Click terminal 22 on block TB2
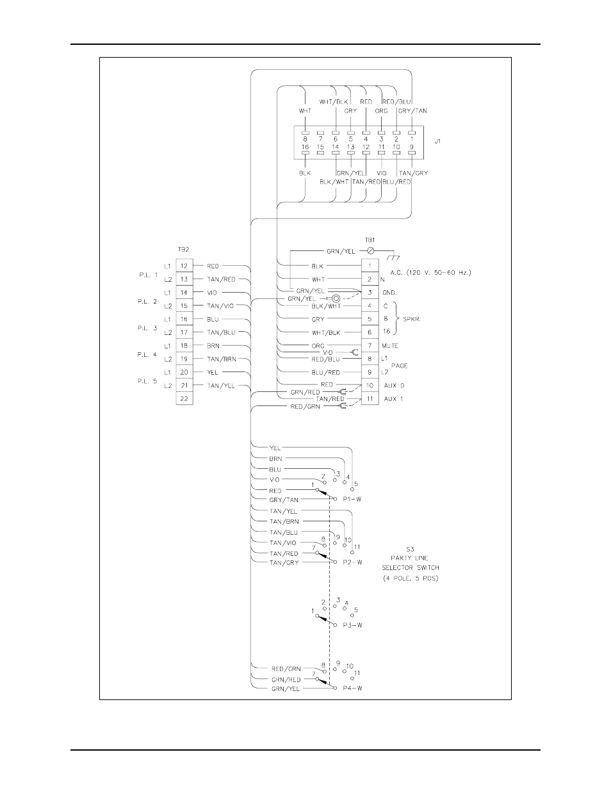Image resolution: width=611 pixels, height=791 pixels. point(184,398)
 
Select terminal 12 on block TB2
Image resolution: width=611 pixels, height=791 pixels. point(184,265)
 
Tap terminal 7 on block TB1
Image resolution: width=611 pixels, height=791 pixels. point(370,345)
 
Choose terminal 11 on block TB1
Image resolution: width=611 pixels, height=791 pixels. point(370,398)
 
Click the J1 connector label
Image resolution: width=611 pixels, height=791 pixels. point(437,142)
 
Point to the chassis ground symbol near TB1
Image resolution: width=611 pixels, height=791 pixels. point(393,257)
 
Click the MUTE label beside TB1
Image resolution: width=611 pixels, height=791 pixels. point(390,346)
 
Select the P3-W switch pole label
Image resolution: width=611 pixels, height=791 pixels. point(352,624)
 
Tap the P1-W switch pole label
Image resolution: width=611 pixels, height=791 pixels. point(352,499)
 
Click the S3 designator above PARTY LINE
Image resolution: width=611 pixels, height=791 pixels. point(410,549)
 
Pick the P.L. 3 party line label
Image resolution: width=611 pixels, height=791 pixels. point(147,328)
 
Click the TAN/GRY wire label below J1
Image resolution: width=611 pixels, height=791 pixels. point(413,173)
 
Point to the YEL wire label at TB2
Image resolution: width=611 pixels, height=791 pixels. point(213,372)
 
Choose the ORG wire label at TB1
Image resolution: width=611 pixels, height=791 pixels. point(318,346)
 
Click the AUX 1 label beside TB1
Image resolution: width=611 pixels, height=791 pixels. point(394,399)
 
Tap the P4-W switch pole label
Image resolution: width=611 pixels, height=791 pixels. point(352,689)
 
